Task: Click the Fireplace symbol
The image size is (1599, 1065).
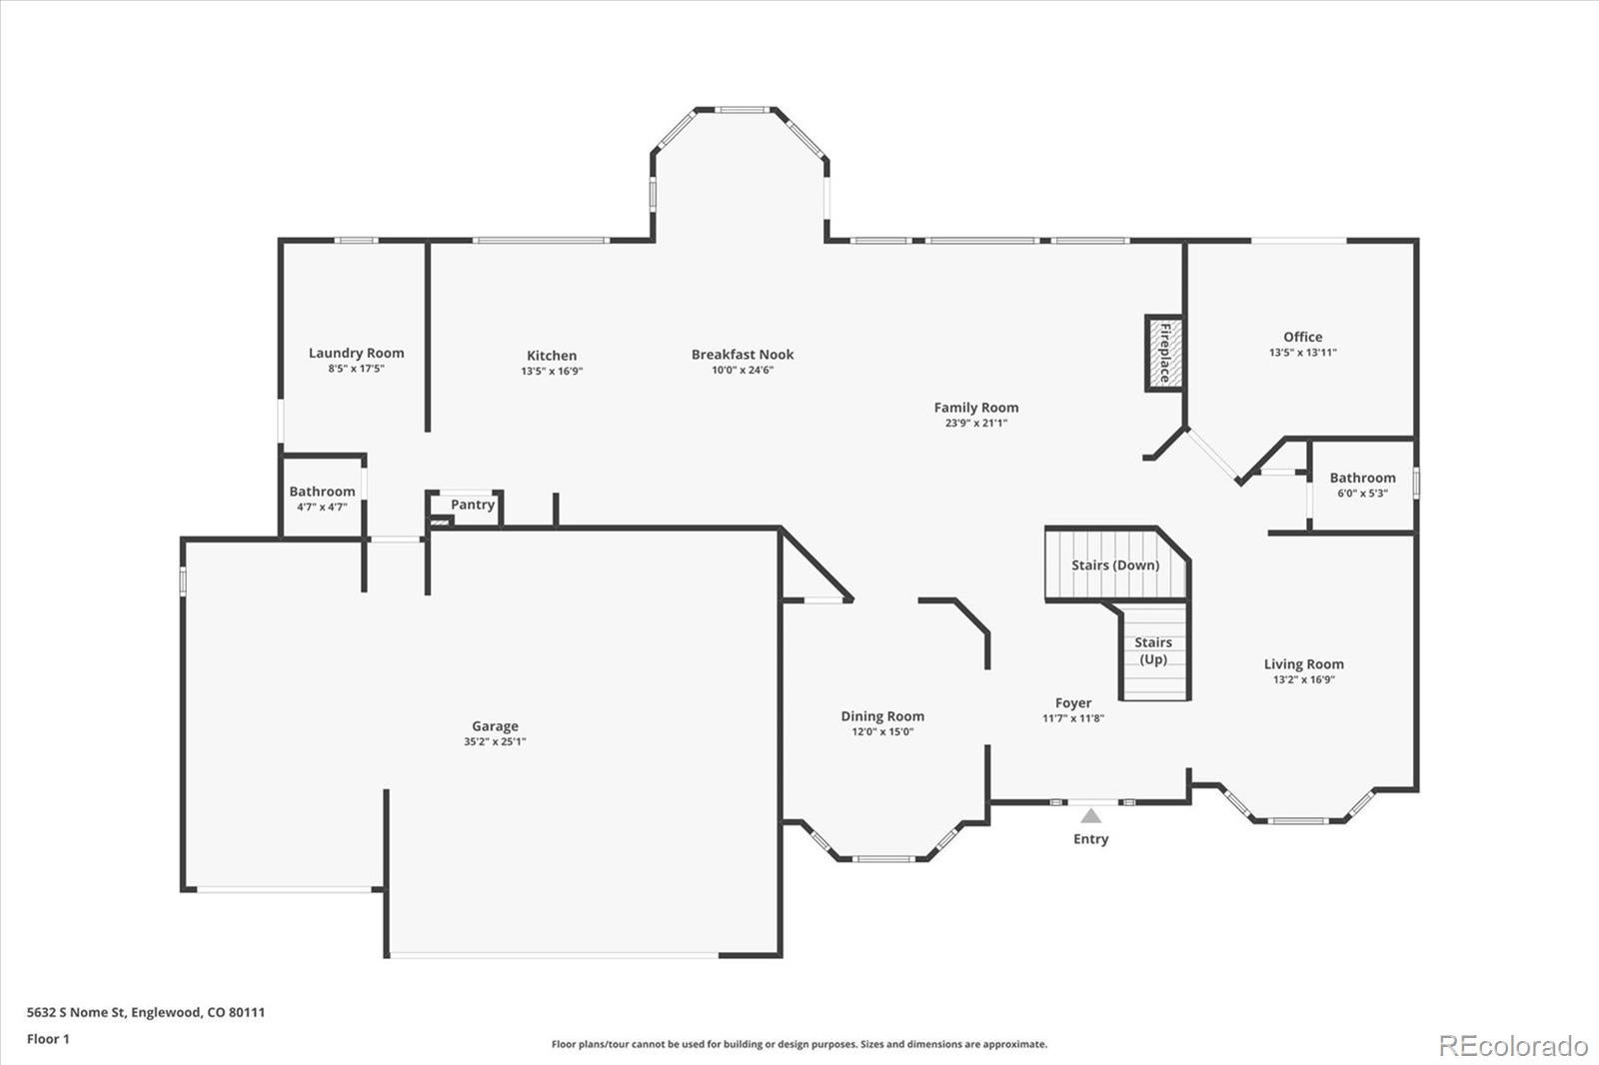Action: tap(1164, 353)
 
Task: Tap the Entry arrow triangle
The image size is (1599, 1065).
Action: tap(1091, 816)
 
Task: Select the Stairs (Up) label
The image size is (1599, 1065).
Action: tap(1153, 650)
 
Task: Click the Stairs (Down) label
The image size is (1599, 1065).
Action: tap(1115, 564)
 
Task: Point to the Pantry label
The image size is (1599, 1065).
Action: tap(472, 505)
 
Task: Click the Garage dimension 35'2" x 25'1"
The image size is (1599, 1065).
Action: tap(495, 741)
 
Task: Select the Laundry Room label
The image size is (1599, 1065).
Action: tap(356, 353)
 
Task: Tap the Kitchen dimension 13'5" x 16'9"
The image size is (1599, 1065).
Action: tap(551, 371)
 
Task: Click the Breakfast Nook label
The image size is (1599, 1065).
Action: tap(743, 354)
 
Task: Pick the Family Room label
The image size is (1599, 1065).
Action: tap(976, 407)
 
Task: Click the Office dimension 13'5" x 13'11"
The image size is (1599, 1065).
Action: tap(1302, 352)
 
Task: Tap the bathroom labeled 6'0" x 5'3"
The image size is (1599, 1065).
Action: tap(1362, 485)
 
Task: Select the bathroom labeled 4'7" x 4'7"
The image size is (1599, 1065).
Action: tap(322, 498)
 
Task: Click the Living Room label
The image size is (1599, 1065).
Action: tap(1303, 663)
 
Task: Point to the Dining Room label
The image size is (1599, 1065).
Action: tap(882, 715)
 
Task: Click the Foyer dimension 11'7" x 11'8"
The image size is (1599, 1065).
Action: tap(1072, 717)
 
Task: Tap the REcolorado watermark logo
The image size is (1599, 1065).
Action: tap(1513, 1045)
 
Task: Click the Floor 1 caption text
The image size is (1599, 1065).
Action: tap(48, 1038)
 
